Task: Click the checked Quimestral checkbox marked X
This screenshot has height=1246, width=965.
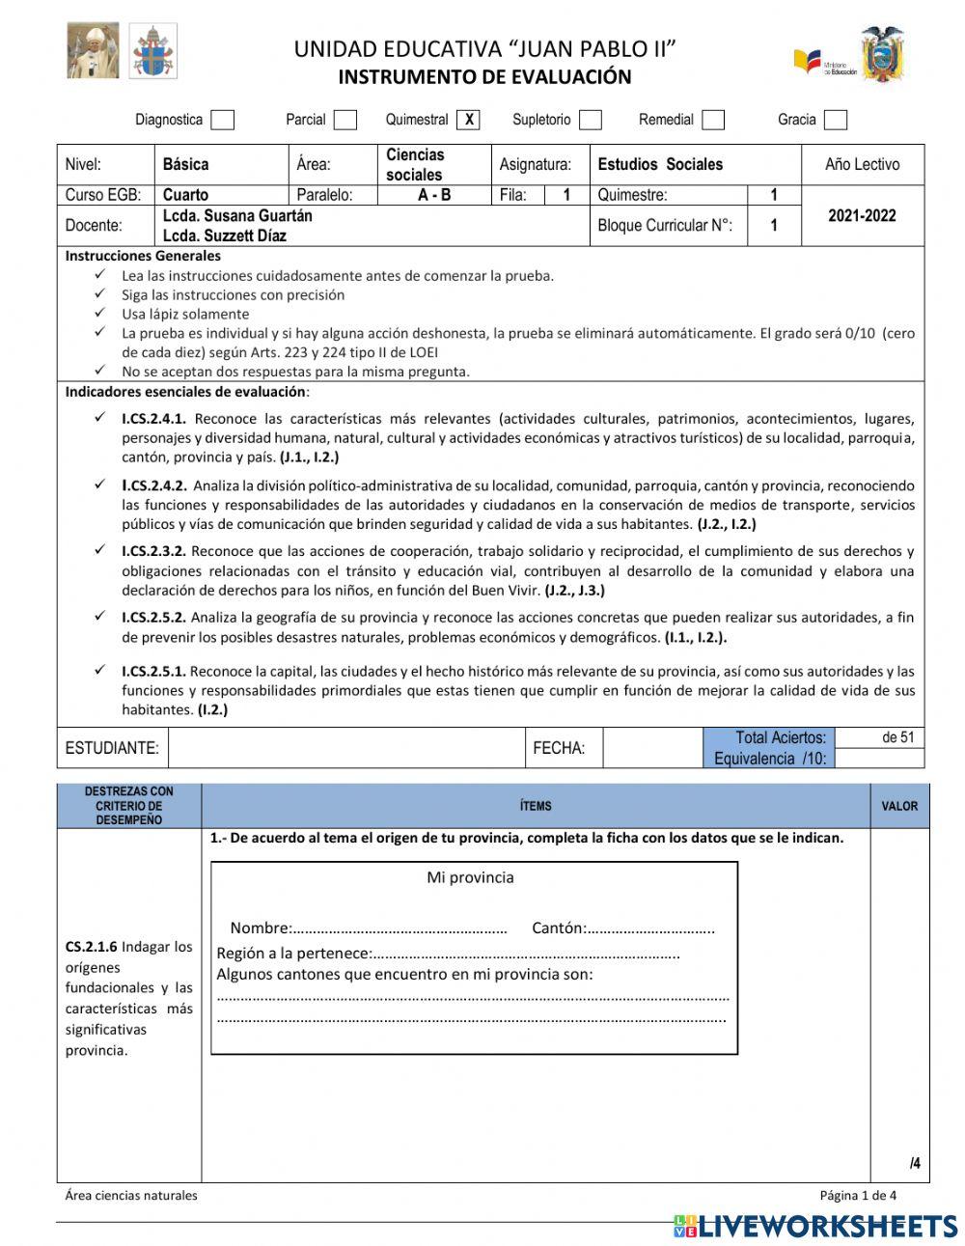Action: (469, 120)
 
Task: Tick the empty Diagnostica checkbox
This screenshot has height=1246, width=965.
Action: (223, 120)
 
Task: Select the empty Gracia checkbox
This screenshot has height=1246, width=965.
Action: (836, 120)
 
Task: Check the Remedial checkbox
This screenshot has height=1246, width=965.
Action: (713, 120)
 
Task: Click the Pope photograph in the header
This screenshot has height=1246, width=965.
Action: (94, 50)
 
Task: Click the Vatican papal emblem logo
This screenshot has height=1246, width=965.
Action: (152, 51)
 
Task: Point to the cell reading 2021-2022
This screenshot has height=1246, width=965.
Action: (862, 215)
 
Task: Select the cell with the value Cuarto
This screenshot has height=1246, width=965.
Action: (185, 195)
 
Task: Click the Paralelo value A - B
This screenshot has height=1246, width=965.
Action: (434, 195)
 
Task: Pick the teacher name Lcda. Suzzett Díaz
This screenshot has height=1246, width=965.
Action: (224, 235)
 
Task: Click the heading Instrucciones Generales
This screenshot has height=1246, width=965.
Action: (143, 256)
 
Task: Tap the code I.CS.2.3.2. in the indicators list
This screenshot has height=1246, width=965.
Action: (153, 551)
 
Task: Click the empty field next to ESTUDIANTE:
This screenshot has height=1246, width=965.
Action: (345, 748)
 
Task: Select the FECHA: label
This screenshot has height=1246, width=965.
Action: (559, 748)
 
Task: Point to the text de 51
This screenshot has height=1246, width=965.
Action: (897, 737)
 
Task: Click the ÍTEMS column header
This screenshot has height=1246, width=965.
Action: (536, 806)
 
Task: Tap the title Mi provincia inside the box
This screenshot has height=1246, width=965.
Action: (470, 877)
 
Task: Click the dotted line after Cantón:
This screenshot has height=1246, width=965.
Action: (651, 929)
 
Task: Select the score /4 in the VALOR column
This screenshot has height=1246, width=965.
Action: (914, 1163)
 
